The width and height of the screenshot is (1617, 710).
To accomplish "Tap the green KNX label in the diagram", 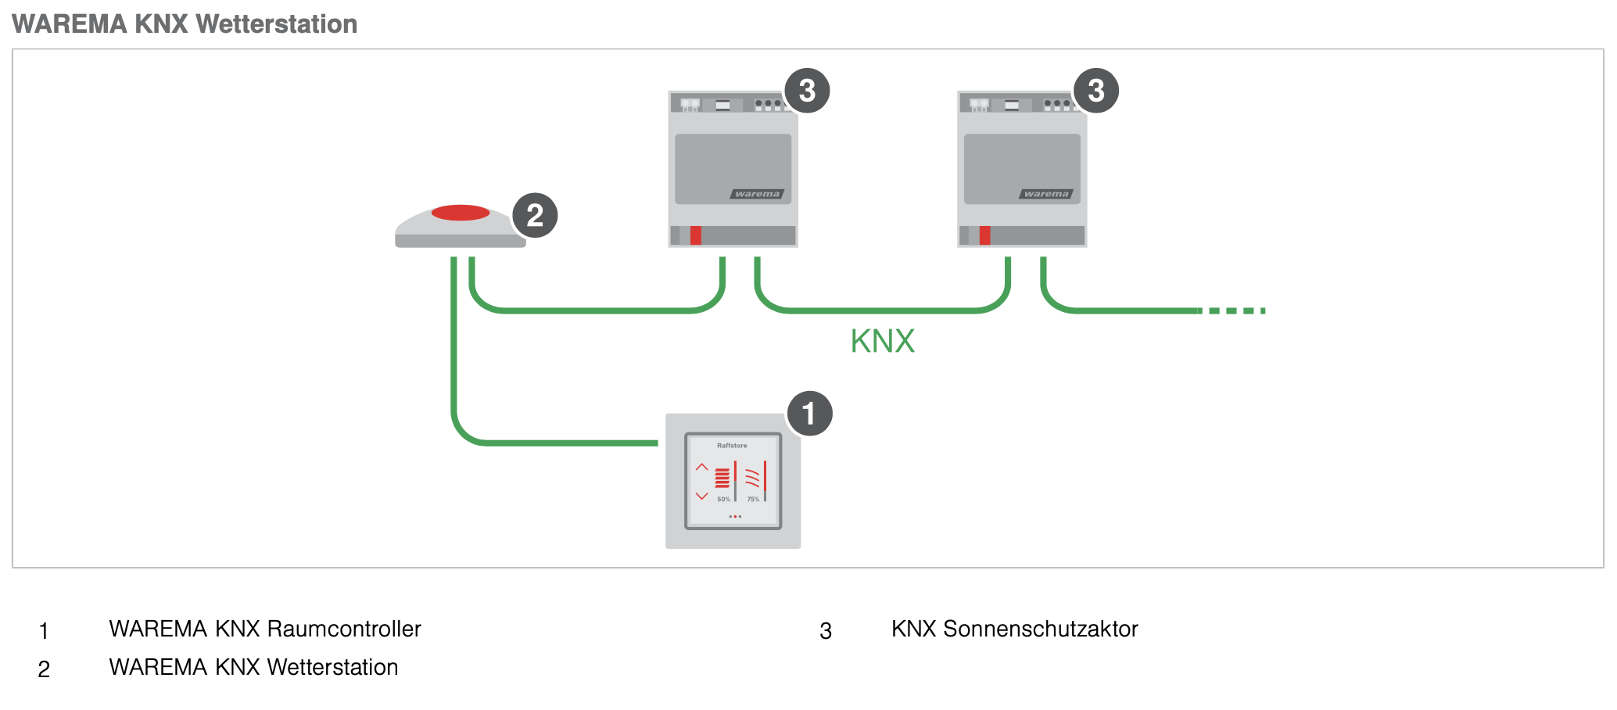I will click(882, 341).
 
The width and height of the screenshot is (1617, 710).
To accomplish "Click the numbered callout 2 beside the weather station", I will click(535, 216).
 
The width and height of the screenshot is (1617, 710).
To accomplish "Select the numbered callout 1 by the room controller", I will click(808, 414).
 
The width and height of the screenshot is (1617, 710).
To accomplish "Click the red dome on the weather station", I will click(461, 213).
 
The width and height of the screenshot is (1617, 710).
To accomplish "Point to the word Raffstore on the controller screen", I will click(732, 446).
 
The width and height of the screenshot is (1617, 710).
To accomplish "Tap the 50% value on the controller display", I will click(723, 499).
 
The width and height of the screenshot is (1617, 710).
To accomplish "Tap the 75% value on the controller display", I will click(752, 499).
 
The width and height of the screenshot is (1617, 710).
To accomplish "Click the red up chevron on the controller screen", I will click(701, 468).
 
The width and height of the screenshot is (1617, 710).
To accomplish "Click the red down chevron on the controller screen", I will click(701, 496).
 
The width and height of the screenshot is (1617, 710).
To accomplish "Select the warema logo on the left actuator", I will click(757, 194).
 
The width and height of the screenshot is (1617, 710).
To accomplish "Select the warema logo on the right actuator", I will click(1046, 194).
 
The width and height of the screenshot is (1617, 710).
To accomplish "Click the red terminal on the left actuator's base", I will click(696, 235).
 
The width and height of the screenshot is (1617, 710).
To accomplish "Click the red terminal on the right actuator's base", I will click(985, 235).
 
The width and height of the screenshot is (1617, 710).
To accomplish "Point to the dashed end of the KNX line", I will click(1235, 311).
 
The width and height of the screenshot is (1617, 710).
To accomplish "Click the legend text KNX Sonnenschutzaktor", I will click(1014, 629).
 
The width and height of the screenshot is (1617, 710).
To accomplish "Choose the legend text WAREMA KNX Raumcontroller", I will click(264, 629).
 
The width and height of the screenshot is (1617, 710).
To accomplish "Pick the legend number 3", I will click(826, 631).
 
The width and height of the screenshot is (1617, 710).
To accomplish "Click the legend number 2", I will click(44, 669).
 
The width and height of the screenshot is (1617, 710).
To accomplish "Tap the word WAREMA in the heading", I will click(70, 24).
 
